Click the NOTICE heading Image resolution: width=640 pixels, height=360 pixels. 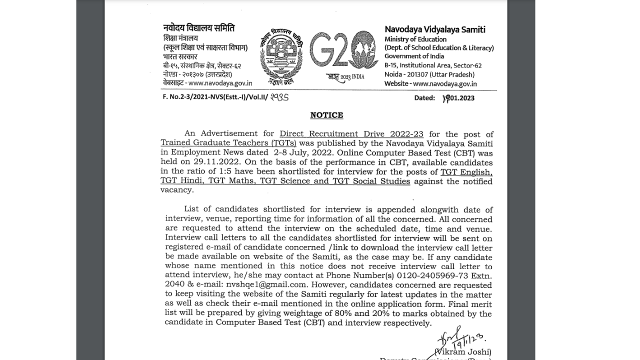click(x=326, y=115)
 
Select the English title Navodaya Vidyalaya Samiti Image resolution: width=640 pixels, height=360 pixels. click(x=434, y=29)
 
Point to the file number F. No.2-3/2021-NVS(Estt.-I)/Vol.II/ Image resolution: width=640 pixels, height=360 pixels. click(x=215, y=97)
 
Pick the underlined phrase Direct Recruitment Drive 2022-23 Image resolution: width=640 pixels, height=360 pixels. click(x=351, y=134)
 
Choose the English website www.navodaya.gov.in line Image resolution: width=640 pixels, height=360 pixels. click(x=430, y=84)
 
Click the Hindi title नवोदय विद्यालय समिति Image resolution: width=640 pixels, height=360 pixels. click(x=198, y=28)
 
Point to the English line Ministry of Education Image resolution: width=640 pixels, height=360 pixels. click(x=415, y=39)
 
